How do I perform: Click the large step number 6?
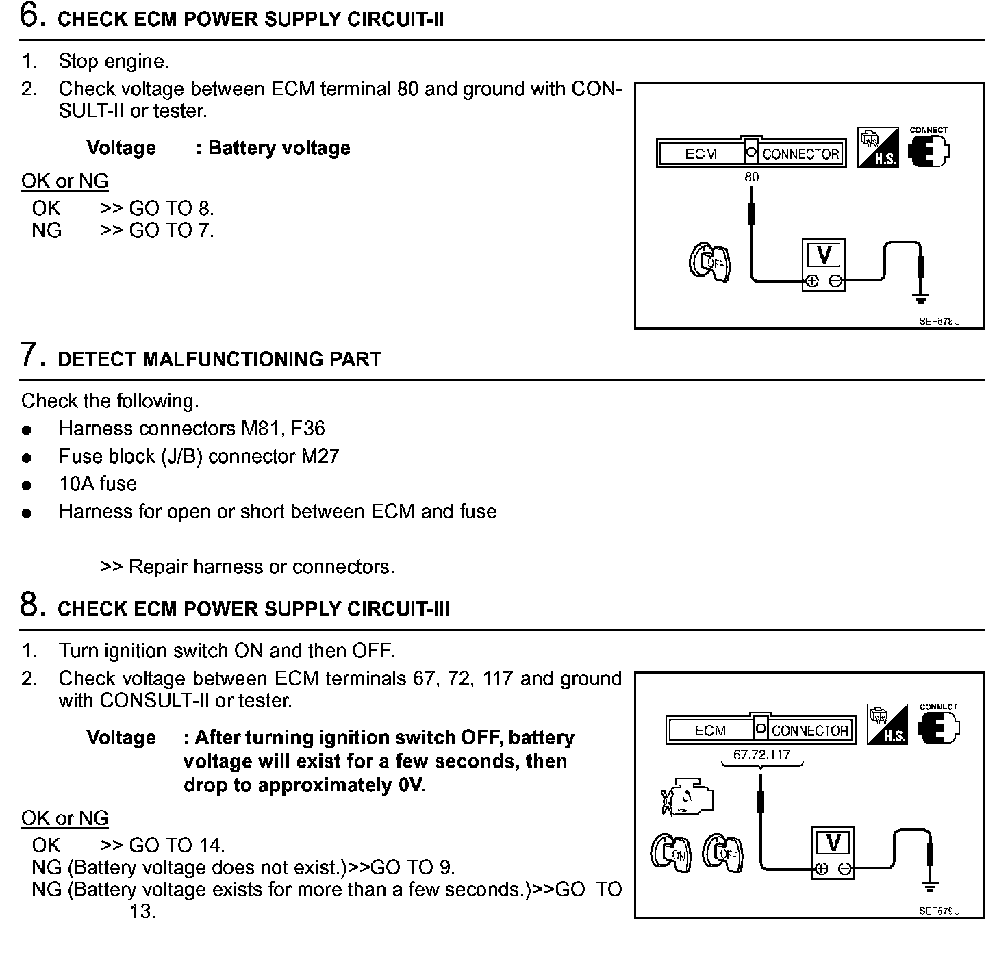coord(32,16)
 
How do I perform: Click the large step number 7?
coord(30,355)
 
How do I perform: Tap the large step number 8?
coord(31,605)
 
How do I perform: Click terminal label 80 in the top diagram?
coord(752,177)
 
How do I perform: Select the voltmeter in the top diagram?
coord(824,265)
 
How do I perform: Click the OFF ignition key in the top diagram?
coord(710,262)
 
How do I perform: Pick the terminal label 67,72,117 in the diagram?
coord(761,755)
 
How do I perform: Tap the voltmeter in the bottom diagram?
coord(833,852)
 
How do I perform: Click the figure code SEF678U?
coord(939,320)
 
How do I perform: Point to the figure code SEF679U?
coord(939,910)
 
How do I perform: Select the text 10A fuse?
coord(98,484)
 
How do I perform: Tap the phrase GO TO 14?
coord(177,846)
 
